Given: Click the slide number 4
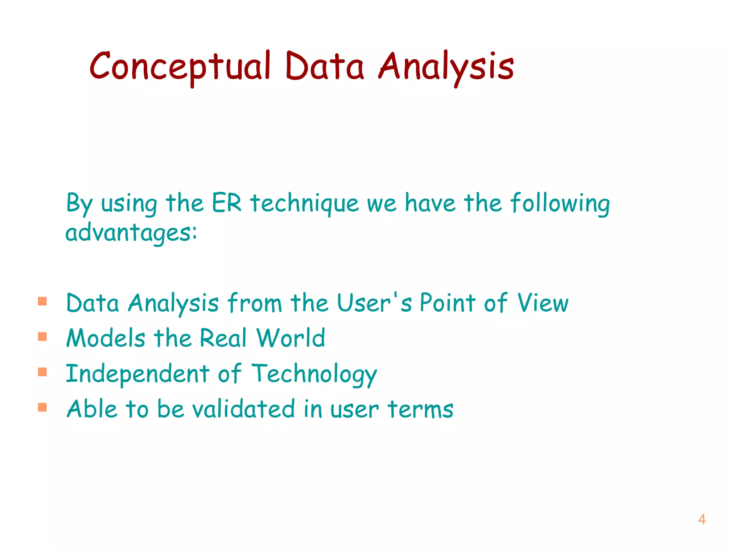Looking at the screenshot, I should tap(702, 519).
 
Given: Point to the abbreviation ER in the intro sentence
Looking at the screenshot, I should tap(227, 203).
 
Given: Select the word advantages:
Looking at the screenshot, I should tap(131, 233).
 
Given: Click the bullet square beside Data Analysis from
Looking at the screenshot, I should tap(43, 301).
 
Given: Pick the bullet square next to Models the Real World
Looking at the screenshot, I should tap(43, 337).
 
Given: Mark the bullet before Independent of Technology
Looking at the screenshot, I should tap(43, 372).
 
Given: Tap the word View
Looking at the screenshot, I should tap(543, 303).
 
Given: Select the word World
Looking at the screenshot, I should tap(291, 338).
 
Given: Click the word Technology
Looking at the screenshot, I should tap(314, 374).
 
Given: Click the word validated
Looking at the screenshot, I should tap(243, 409).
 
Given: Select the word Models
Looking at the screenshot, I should tap(106, 338).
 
